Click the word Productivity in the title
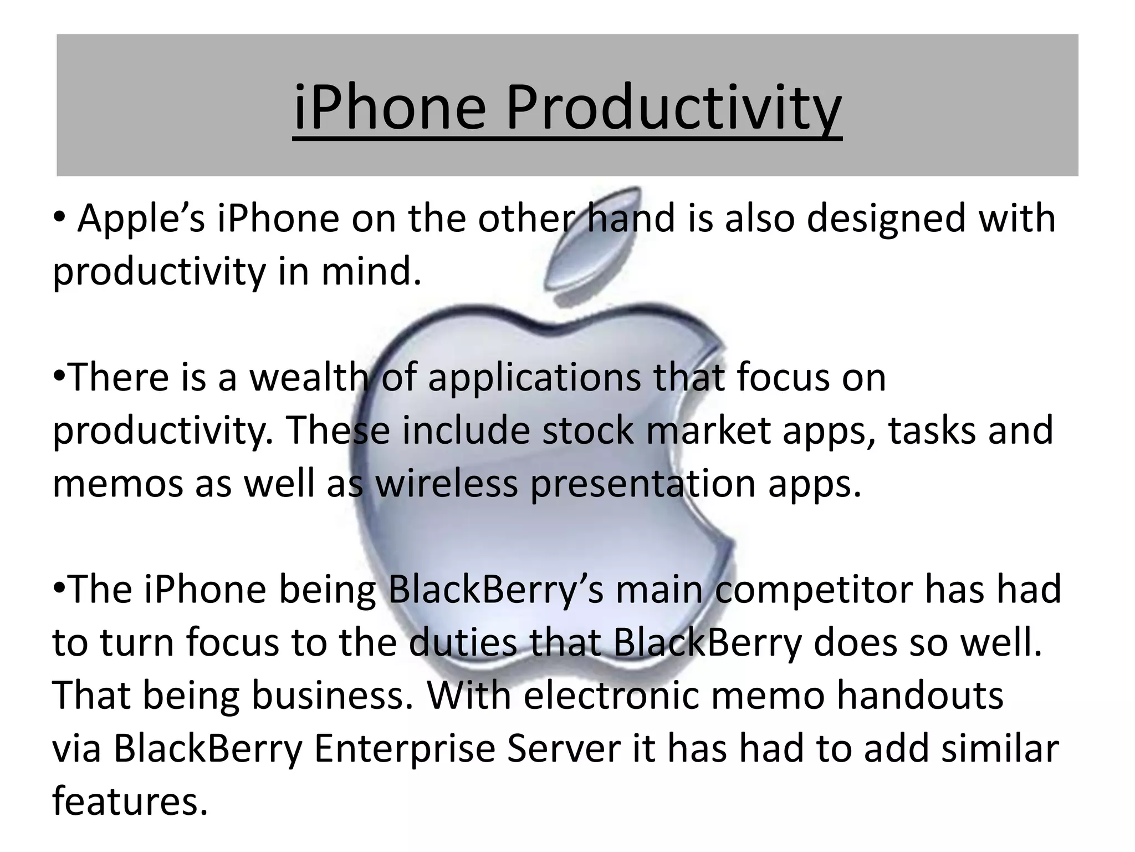pos(673,107)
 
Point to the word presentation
pos(643,485)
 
